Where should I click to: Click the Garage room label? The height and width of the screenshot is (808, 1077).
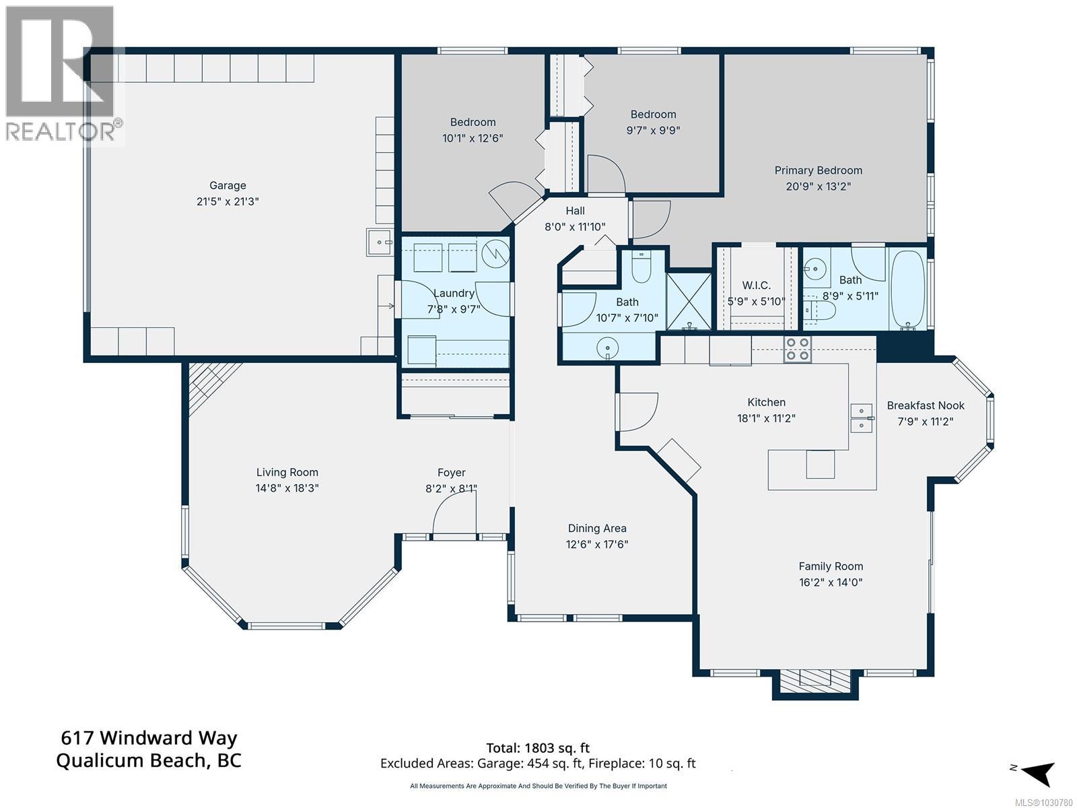(x=228, y=185)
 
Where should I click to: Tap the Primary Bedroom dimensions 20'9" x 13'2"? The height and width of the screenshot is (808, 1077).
(x=818, y=187)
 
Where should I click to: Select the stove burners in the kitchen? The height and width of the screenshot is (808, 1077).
(x=798, y=348)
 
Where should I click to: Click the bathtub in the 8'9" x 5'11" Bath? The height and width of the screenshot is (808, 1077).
(x=909, y=290)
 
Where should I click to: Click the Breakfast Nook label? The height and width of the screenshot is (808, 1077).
(x=925, y=405)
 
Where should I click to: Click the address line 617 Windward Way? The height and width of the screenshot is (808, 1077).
(x=149, y=738)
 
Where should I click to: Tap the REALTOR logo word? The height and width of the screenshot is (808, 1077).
(x=61, y=131)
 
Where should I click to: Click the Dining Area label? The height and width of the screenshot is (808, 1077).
(x=596, y=529)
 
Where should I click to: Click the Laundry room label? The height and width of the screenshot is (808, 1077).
(x=454, y=293)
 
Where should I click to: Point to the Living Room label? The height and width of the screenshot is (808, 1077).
(x=287, y=473)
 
